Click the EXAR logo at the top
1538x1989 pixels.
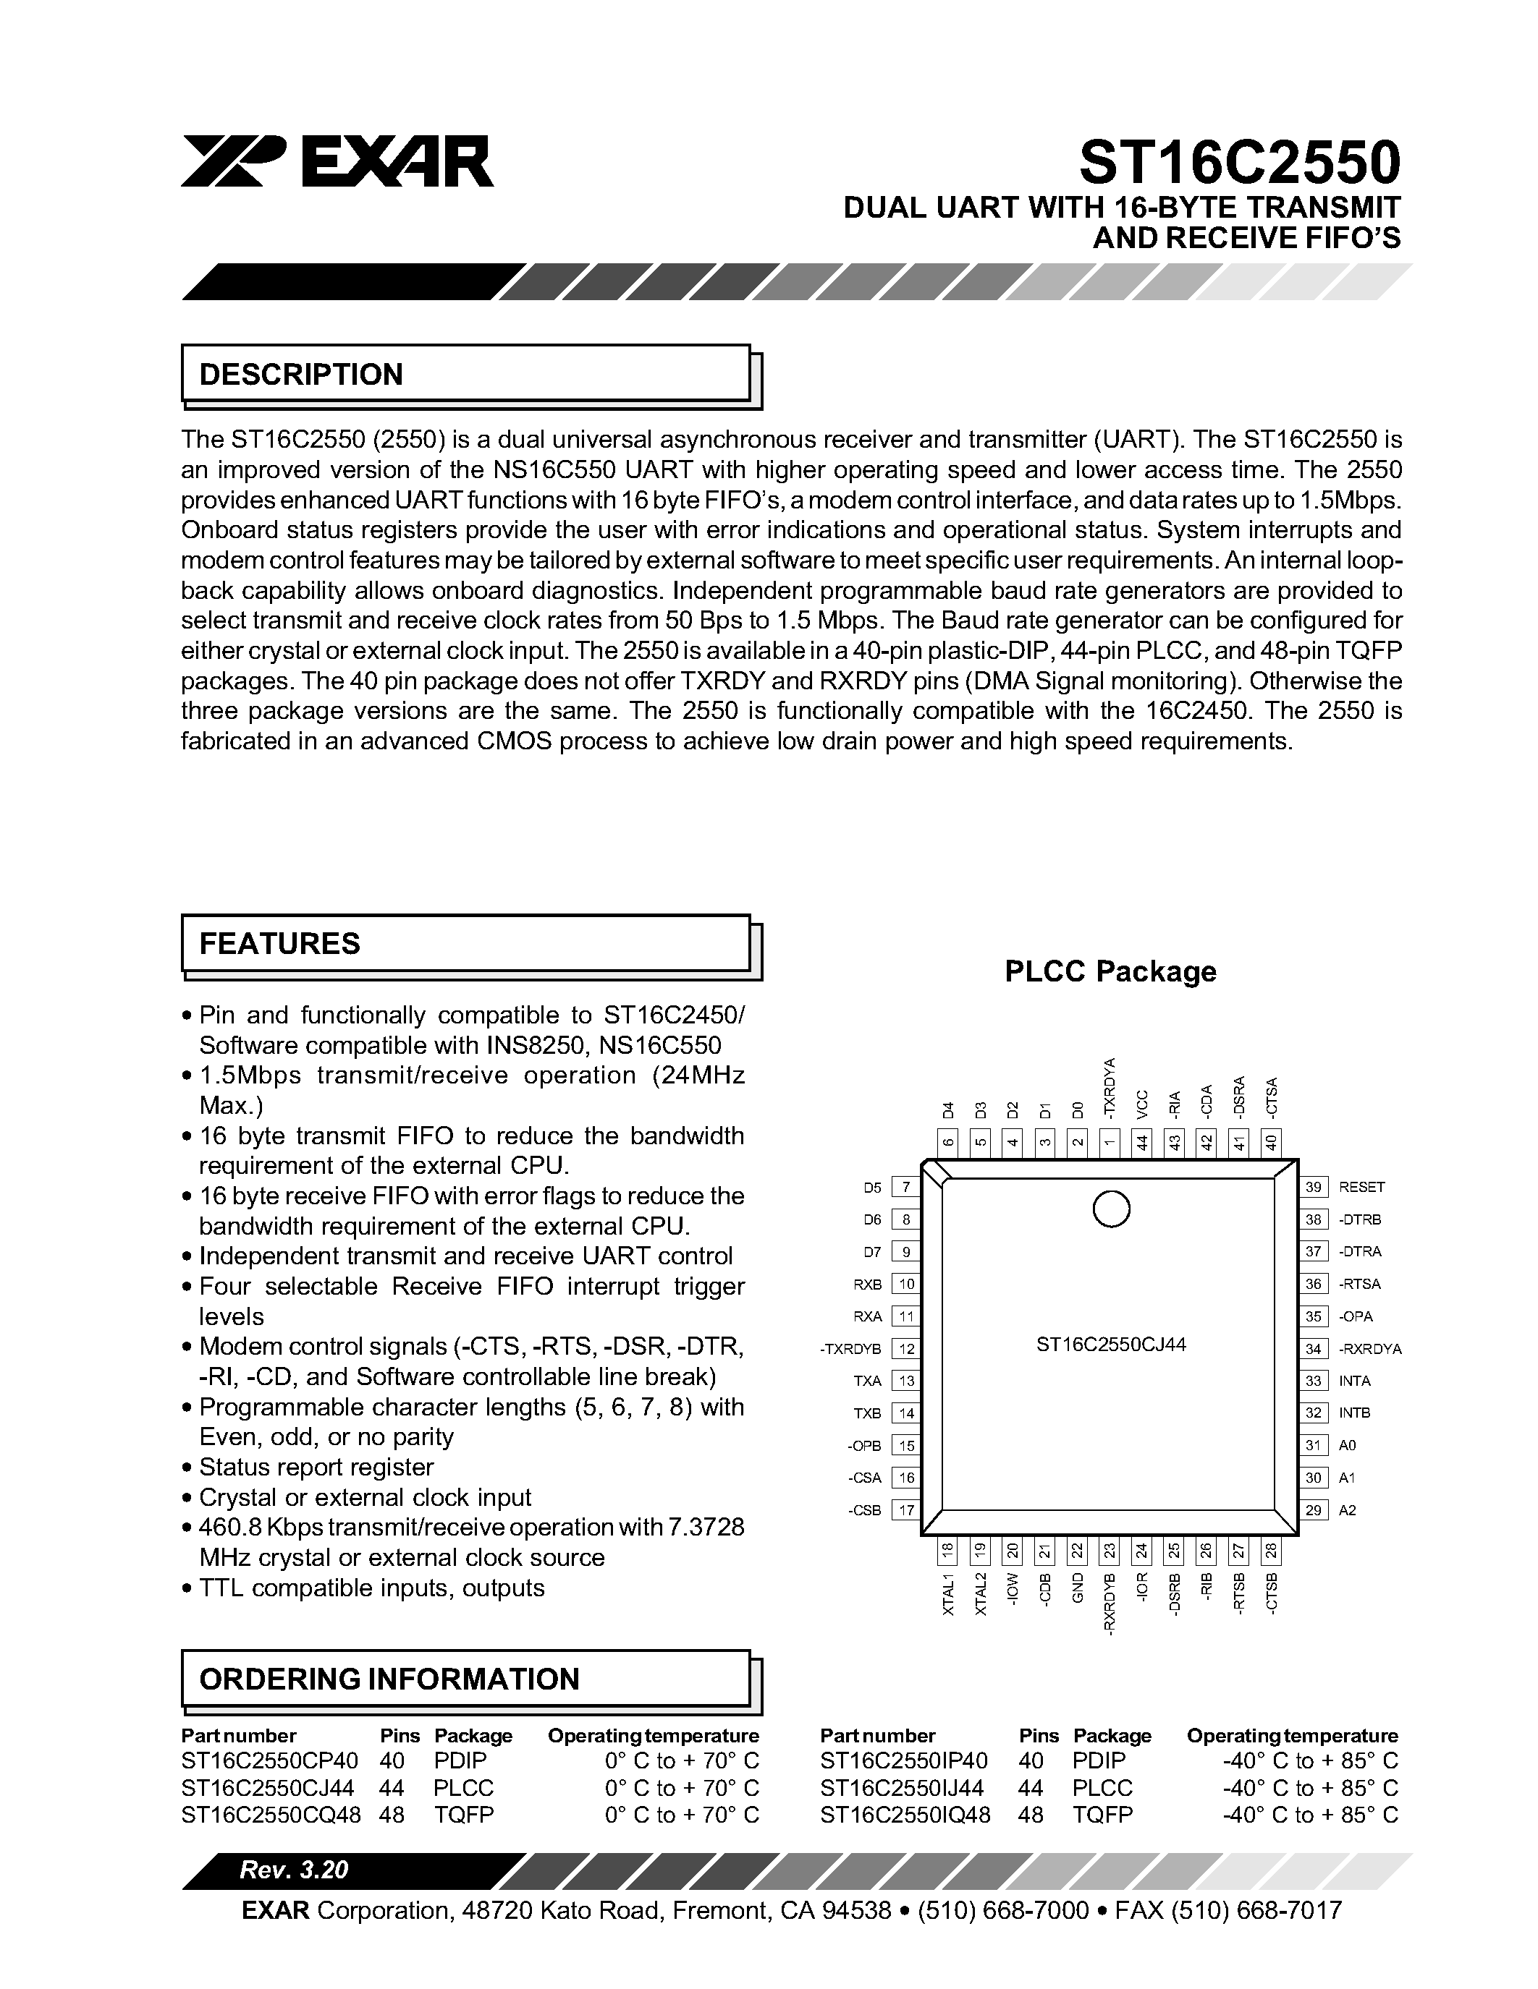(337, 162)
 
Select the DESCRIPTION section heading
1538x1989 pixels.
(300, 375)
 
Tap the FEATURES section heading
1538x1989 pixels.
(279, 943)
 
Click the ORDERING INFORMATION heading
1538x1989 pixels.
(389, 1679)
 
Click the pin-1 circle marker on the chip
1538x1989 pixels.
(1111, 1209)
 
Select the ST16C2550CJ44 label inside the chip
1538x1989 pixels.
(1111, 1345)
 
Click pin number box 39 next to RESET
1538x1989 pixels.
(1313, 1187)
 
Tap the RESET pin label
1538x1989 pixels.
(1361, 1187)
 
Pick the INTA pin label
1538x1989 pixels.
(1354, 1381)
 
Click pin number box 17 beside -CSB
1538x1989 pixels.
(905, 1510)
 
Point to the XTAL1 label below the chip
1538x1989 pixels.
(947, 1594)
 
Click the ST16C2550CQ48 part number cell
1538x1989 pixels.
(271, 1815)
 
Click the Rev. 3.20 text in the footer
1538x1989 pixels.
(293, 1870)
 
